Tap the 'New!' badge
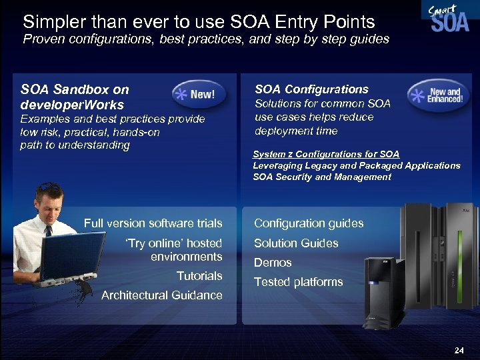[195, 95]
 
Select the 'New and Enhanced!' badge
[436, 95]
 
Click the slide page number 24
[459, 349]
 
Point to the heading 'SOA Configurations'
[311, 89]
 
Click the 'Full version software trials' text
[153, 223]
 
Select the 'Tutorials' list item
[199, 276]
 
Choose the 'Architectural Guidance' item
[161, 295]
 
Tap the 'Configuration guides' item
[309, 223]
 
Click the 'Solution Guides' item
[296, 243]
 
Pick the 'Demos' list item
[273, 263]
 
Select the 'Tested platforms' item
[298, 282]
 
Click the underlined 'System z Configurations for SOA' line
[326, 154]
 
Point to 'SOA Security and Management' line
[322, 177]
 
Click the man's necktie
[49, 233]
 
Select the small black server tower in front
[385, 290]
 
